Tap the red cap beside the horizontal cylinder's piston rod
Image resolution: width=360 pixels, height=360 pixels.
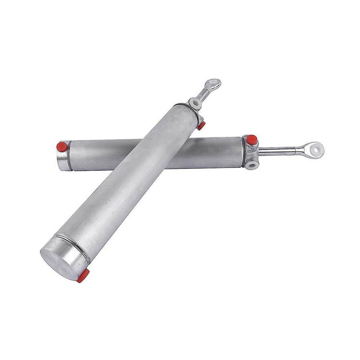[251, 140]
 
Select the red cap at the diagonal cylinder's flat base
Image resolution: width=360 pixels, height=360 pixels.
[83, 276]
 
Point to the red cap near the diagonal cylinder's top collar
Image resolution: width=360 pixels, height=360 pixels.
[201, 126]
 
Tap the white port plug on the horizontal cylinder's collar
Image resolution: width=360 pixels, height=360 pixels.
[252, 164]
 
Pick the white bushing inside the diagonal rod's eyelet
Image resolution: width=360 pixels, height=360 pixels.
[216, 83]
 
